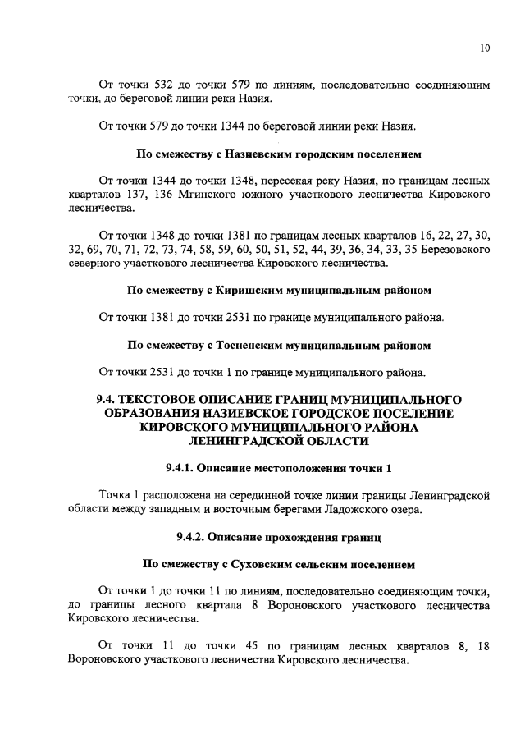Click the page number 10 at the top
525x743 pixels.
click(485, 48)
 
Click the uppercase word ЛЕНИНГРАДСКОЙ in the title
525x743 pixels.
click(267, 442)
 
